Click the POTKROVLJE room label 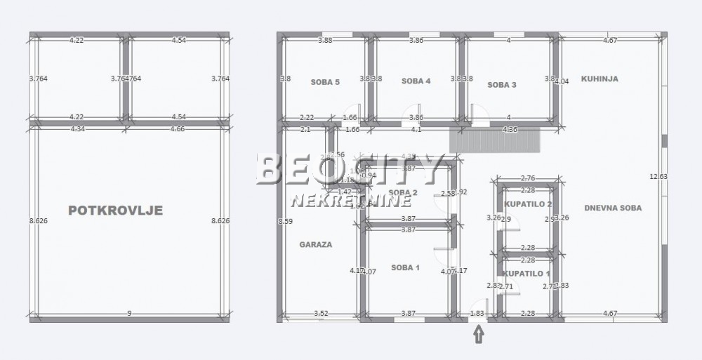pos(115,210)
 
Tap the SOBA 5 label pos(325,82)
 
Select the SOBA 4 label pos(416,81)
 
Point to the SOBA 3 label pos(502,85)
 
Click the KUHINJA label pos(600,79)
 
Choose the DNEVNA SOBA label pos(613,208)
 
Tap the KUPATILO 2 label pos(528,204)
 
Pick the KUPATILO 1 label pos(526,273)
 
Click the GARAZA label pos(316,245)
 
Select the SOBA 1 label pos(405,267)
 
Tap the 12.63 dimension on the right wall pos(658,176)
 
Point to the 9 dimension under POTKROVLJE pos(129,313)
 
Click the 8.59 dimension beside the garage pos(285,222)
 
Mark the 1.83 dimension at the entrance pos(477,313)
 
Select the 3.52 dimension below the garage pos(322,313)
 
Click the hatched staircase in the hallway pos(495,140)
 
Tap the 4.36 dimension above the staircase pos(510,129)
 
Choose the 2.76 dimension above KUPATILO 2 pos(528,178)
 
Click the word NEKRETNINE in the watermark pos(351,201)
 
